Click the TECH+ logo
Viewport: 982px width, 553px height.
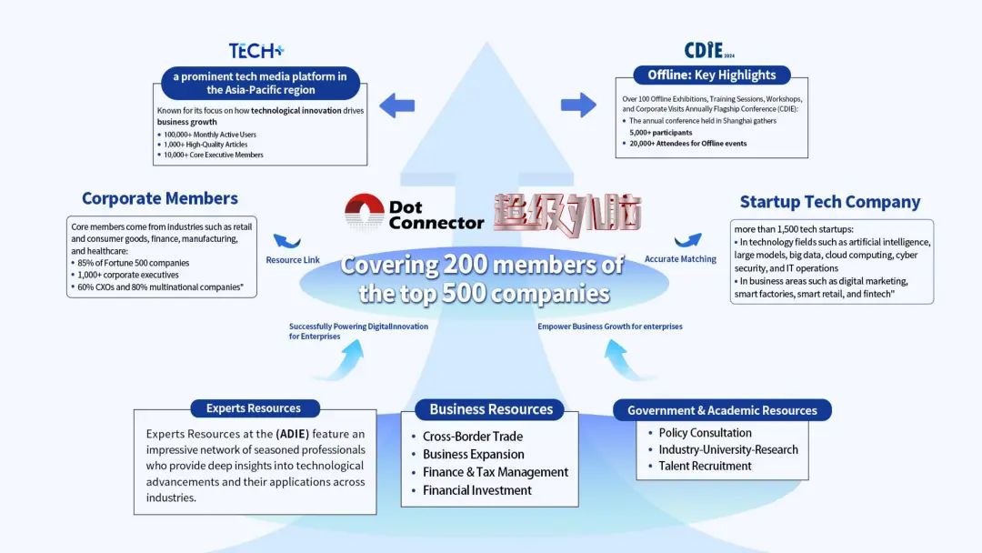pos(256,51)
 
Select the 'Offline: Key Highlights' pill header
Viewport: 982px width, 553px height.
pos(712,75)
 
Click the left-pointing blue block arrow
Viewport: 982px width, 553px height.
pos(396,106)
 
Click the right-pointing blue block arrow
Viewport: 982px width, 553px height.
pos(577,105)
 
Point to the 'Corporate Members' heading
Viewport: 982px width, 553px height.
pos(160,198)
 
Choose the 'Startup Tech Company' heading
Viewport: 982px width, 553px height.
pos(829,202)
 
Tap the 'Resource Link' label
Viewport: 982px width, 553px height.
pos(293,260)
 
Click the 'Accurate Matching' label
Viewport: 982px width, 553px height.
pos(679,259)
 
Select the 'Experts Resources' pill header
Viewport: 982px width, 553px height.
pos(256,408)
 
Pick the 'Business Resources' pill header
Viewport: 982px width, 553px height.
pos(491,409)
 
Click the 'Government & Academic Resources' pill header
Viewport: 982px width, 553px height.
pos(722,410)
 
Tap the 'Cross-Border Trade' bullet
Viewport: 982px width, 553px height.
pos(472,437)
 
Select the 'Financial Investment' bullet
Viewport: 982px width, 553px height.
pos(476,490)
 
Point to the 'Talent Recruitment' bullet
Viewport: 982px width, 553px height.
pos(705,466)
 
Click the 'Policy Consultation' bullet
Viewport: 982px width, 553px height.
pos(705,433)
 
